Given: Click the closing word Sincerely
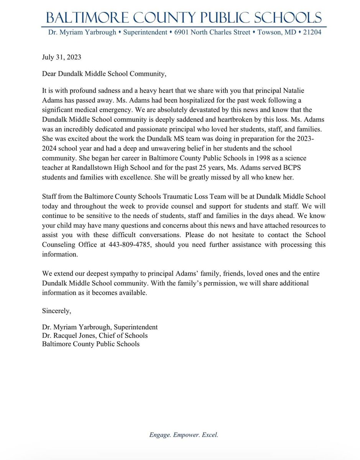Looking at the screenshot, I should tap(56, 311).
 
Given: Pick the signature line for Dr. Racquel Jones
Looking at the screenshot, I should tap(95, 335).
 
